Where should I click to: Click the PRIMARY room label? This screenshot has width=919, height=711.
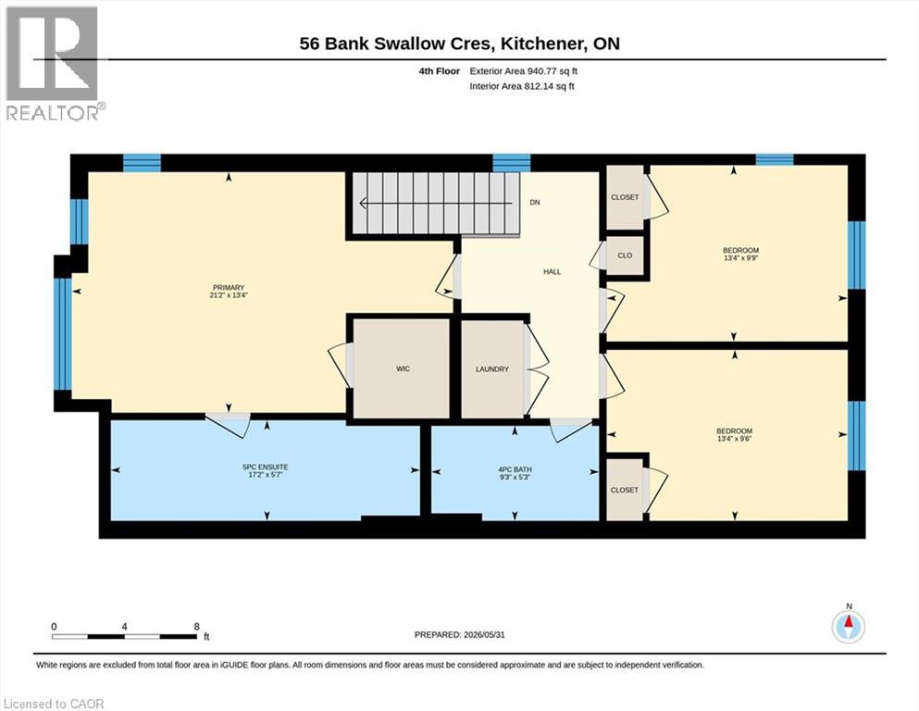[229, 288]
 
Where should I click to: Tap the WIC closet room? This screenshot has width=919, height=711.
[402, 368]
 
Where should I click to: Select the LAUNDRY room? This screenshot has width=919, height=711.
[492, 369]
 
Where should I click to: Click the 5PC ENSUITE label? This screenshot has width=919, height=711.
[266, 468]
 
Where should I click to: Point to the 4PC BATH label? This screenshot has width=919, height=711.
[515, 469]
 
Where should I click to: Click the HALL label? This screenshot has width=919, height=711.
[553, 272]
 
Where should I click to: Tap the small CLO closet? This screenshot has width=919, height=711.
[625, 256]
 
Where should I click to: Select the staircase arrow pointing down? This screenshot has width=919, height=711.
[441, 204]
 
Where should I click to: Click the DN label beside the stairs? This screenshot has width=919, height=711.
[535, 203]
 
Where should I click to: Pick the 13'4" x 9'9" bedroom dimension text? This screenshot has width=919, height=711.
[741, 258]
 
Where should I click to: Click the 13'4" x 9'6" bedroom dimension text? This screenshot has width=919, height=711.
[735, 439]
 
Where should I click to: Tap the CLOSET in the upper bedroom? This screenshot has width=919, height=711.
[625, 197]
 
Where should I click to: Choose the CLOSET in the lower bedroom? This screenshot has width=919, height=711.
[624, 490]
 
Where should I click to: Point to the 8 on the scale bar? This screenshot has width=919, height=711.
[197, 627]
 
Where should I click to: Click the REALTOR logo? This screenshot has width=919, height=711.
[55, 64]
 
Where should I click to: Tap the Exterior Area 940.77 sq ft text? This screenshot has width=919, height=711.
[524, 71]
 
